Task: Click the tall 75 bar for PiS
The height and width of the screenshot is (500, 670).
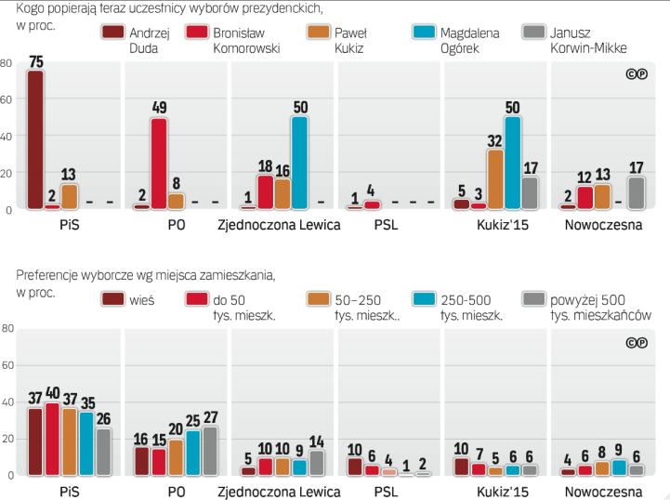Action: coord(35,139)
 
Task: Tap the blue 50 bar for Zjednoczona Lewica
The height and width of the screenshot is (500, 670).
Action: coord(299,163)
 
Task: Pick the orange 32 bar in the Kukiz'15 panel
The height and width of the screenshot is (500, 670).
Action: coord(495,178)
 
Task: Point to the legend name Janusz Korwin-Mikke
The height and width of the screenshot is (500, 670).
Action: coord(613,40)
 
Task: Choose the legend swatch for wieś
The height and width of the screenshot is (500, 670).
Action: coord(114,299)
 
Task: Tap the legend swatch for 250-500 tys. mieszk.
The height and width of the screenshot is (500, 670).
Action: coord(425,299)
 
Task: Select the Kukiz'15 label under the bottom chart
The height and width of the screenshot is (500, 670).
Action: coord(495,491)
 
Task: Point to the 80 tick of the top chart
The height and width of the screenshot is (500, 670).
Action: coord(7,63)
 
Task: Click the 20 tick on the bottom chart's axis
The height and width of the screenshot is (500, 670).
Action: coord(7,440)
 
